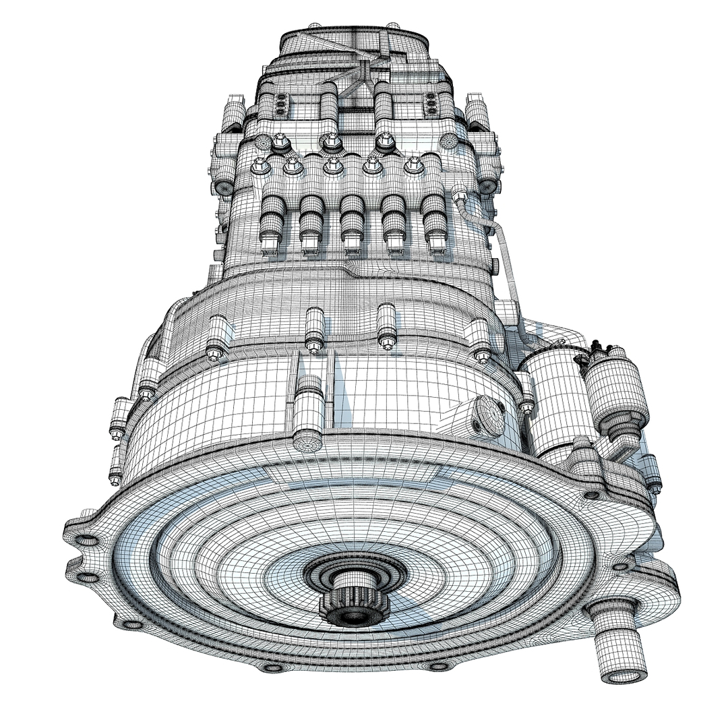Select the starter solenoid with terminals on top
point(615,391)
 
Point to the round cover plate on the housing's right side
point(489,417)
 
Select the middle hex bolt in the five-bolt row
point(333,166)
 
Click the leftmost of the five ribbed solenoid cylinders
point(272,222)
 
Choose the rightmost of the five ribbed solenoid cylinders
point(434,222)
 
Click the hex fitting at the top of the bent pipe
point(460,195)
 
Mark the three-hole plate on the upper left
point(280,104)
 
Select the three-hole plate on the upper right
point(430,104)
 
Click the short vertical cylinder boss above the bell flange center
point(308,415)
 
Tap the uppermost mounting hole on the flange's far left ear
point(86,540)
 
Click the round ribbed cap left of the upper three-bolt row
point(263,142)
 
